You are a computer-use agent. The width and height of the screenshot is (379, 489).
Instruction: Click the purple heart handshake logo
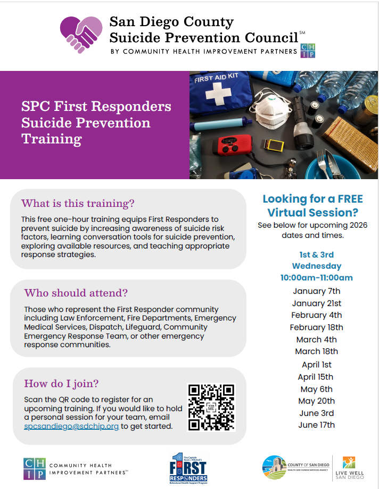[80, 35]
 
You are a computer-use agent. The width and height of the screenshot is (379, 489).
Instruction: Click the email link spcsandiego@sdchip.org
[71, 427]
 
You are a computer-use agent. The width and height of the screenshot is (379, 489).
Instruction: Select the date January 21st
[317, 303]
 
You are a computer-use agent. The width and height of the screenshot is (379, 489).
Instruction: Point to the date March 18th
[317, 351]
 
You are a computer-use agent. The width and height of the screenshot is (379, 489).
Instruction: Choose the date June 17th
[317, 425]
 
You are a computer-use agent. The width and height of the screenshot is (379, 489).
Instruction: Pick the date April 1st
[317, 365]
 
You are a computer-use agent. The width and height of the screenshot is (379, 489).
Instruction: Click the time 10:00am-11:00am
[317, 277]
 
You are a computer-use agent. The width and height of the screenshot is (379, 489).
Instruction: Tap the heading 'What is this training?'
[78, 204]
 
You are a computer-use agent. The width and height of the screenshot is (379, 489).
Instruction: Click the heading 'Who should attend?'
[76, 293]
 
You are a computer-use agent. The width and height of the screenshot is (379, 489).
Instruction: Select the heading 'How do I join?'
[61, 383]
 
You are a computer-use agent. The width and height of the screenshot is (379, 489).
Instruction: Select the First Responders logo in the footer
[187, 467]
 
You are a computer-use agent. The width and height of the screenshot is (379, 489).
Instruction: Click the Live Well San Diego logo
[351, 468]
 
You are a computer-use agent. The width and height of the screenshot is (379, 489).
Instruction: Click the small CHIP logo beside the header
[308, 51]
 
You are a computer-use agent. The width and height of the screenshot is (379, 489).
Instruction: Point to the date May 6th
[317, 389]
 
